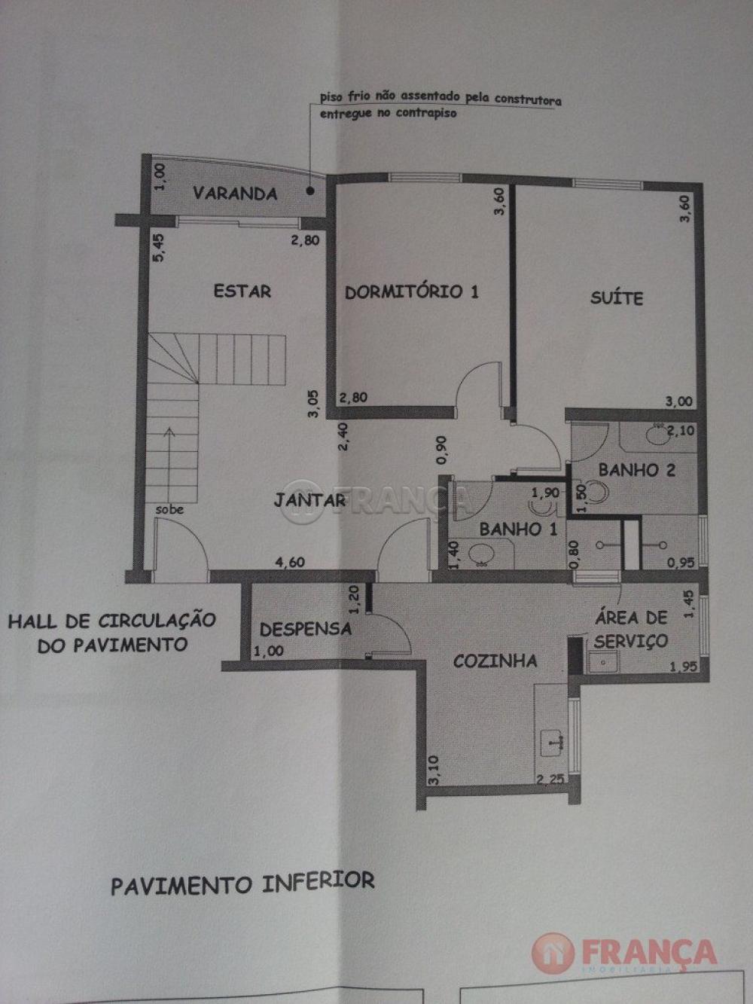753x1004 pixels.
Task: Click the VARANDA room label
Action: (235, 194)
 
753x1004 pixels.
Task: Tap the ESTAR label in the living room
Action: (242, 291)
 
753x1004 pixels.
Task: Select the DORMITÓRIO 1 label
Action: (411, 291)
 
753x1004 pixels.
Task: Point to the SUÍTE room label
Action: (616, 298)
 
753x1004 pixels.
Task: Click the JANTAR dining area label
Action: (309, 500)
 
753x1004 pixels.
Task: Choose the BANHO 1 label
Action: (518, 529)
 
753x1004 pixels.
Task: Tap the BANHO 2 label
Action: (636, 470)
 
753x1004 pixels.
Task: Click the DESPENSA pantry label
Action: (306, 630)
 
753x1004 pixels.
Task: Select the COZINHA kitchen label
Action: (495, 661)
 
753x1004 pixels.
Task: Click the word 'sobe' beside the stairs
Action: (169, 510)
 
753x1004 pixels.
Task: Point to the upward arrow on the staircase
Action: (169, 465)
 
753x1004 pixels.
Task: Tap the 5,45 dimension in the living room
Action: (157, 248)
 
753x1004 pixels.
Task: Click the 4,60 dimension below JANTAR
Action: (291, 562)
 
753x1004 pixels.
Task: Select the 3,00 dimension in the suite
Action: (678, 401)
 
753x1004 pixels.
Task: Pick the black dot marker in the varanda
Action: (310, 191)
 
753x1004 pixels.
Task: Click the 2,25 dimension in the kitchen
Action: (550, 779)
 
